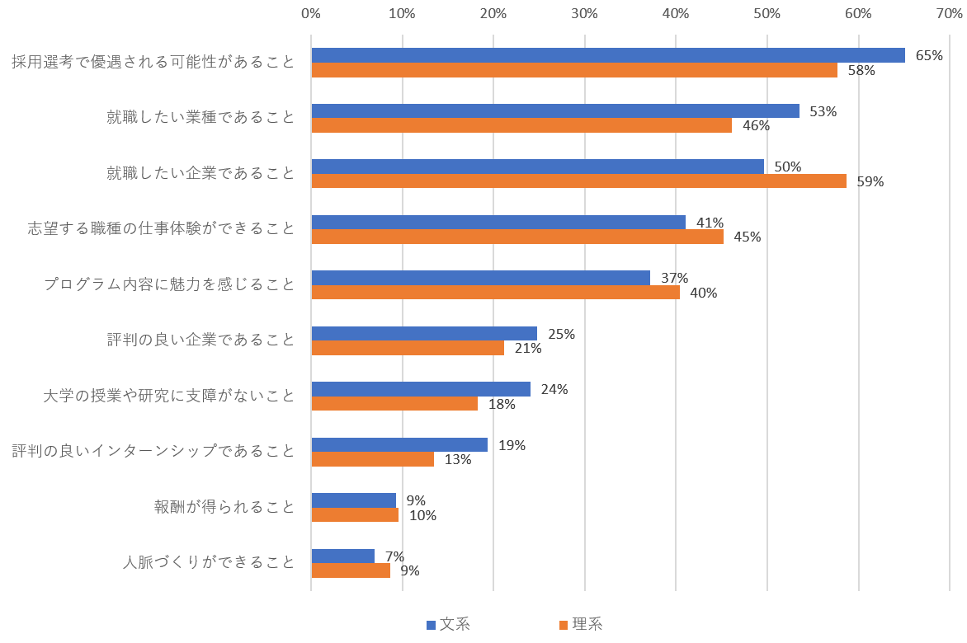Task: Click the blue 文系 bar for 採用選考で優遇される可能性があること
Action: [x=608, y=55]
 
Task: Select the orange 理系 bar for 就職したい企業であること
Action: [x=579, y=181]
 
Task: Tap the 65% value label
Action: [x=929, y=56]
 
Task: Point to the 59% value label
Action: [x=870, y=181]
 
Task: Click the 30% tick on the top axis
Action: [x=584, y=13]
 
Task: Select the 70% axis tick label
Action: [x=949, y=13]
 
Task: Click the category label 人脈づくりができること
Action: [x=209, y=562]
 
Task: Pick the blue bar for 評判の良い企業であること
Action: [x=424, y=333]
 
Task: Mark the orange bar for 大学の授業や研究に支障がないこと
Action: [x=394, y=403]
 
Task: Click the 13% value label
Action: [x=458, y=460]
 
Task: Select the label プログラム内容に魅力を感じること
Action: [x=169, y=284]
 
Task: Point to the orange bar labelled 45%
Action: [x=517, y=237]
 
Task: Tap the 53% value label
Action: [x=823, y=111]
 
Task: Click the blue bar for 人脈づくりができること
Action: [x=342, y=556]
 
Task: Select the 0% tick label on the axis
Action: [x=311, y=13]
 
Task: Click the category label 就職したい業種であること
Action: [x=200, y=117]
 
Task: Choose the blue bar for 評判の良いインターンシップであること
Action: [x=399, y=444]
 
